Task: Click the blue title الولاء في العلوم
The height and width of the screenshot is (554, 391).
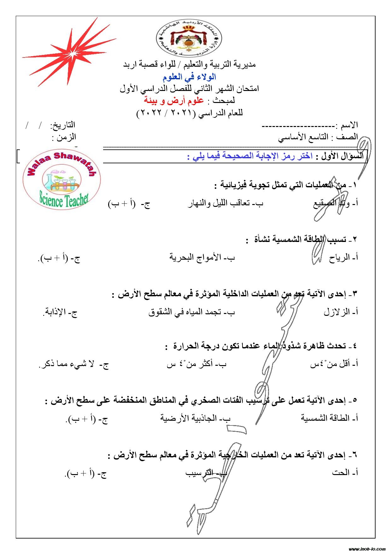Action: point(189,77)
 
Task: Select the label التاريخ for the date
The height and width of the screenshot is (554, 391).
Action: point(63,125)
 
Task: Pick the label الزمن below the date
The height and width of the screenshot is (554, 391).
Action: point(64,137)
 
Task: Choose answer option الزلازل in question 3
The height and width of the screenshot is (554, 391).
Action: point(336,312)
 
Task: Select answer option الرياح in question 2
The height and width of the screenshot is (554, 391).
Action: point(339,258)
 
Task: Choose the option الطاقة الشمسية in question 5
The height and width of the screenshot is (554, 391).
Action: point(325,418)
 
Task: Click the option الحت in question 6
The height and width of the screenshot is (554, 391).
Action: point(341,473)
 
